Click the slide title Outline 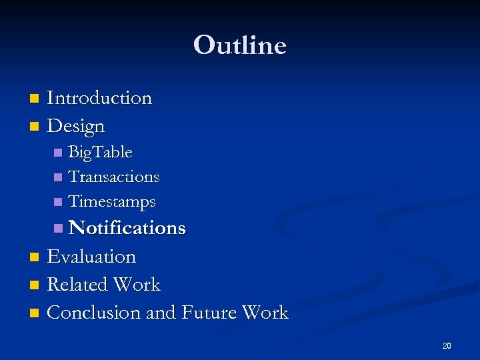pos(240,45)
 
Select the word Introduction pos(99,98)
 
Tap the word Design pos(76,126)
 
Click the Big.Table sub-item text pos(101,153)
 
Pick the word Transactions pos(114,177)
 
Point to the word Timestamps pos(112,201)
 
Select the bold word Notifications pos(127,228)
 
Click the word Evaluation pos(91,257)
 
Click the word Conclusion pos(94,313)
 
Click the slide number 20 pos(446,345)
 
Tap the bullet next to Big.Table pos(58,153)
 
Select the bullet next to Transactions pos(58,178)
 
